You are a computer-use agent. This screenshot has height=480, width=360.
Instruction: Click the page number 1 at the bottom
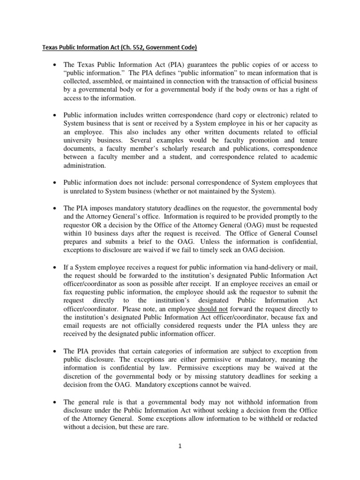tap(180, 446)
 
